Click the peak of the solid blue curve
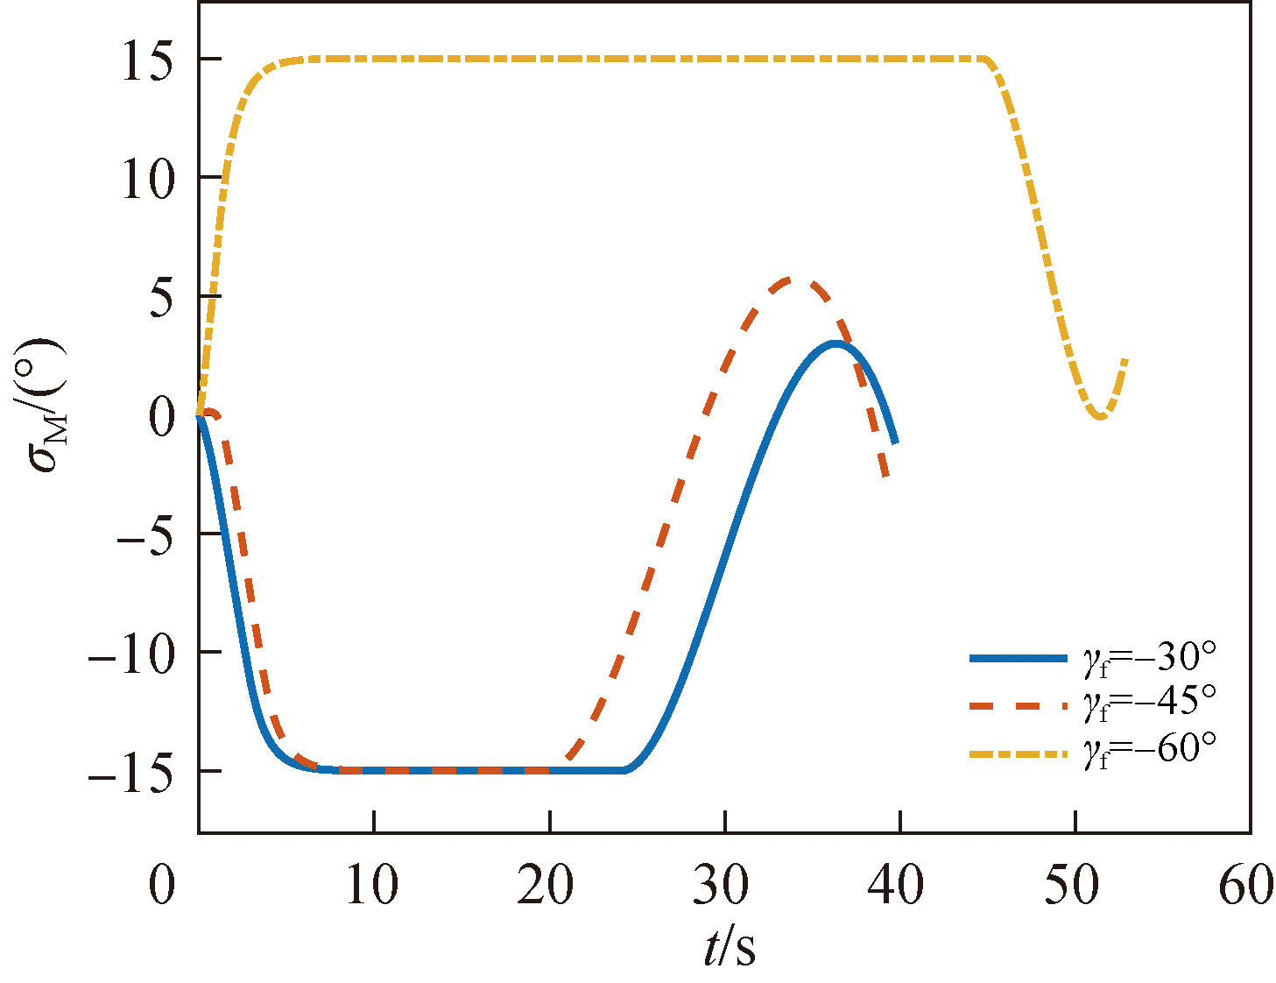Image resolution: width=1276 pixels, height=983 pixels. click(836, 343)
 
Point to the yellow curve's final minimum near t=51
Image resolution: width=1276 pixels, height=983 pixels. click(1100, 417)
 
